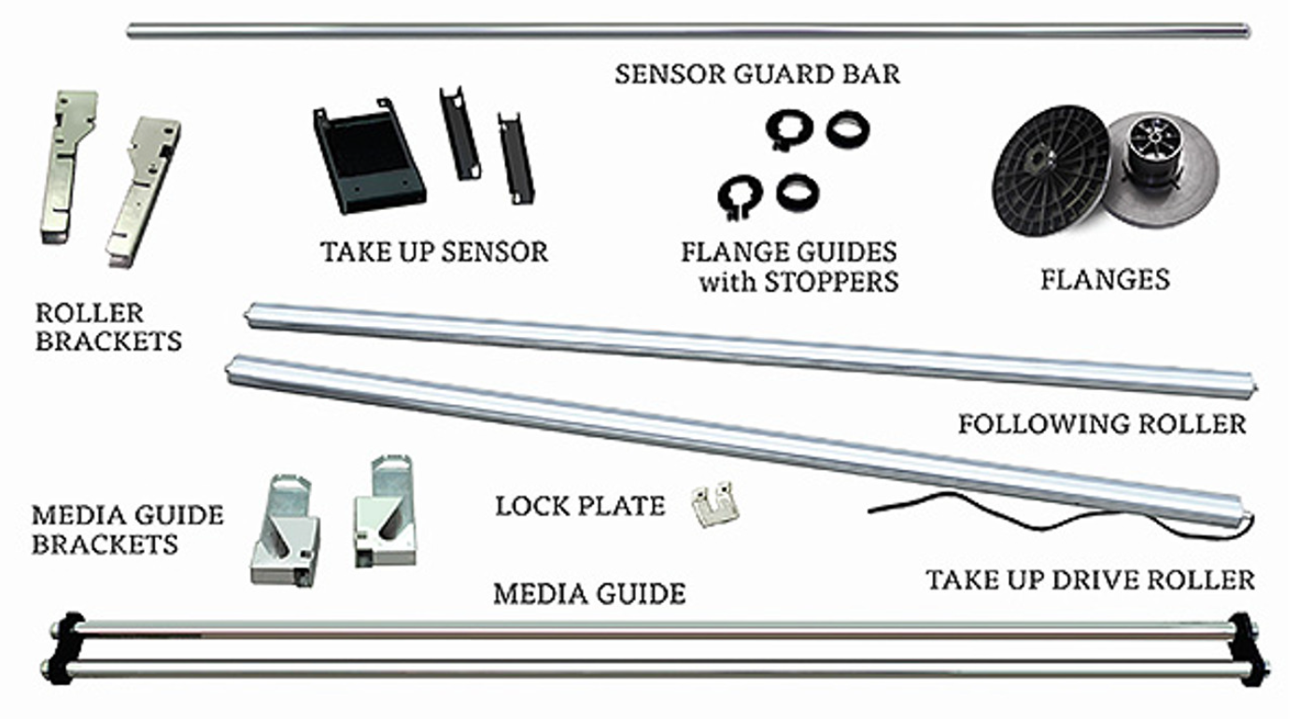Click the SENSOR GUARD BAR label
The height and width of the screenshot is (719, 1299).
coord(757,75)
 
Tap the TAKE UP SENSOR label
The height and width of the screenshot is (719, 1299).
coord(434,252)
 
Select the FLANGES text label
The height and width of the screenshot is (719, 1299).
coord(1106,280)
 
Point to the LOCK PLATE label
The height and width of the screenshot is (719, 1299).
coord(580,506)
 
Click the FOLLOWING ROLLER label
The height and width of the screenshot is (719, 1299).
coord(1102,425)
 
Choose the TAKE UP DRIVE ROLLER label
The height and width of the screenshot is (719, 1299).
coord(1090,581)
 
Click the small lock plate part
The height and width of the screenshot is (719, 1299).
coord(714,504)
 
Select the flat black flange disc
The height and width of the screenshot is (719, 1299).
coord(1051,171)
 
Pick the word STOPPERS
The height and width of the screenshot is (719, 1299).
coord(831,282)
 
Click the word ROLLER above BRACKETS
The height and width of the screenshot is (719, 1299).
coord(90,314)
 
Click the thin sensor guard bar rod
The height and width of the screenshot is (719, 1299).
coord(688,30)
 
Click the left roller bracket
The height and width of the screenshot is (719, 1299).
coord(68,167)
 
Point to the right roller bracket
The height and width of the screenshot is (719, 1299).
coord(143,192)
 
